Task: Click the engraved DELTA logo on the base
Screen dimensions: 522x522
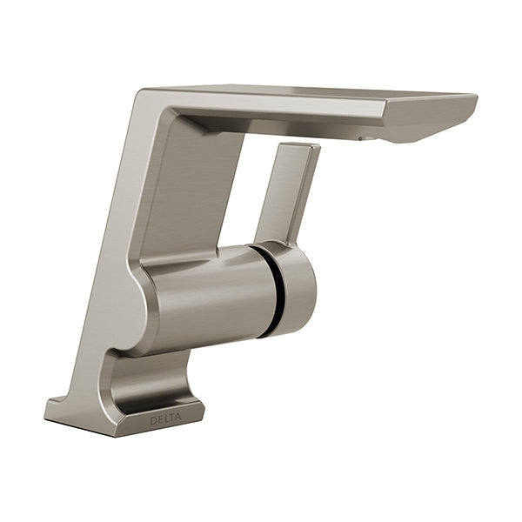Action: (166, 419)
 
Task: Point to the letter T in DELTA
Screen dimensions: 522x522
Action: (171, 418)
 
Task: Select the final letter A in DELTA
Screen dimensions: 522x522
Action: (178, 417)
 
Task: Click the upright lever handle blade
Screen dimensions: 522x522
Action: (287, 193)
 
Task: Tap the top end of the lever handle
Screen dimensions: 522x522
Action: (300, 144)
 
